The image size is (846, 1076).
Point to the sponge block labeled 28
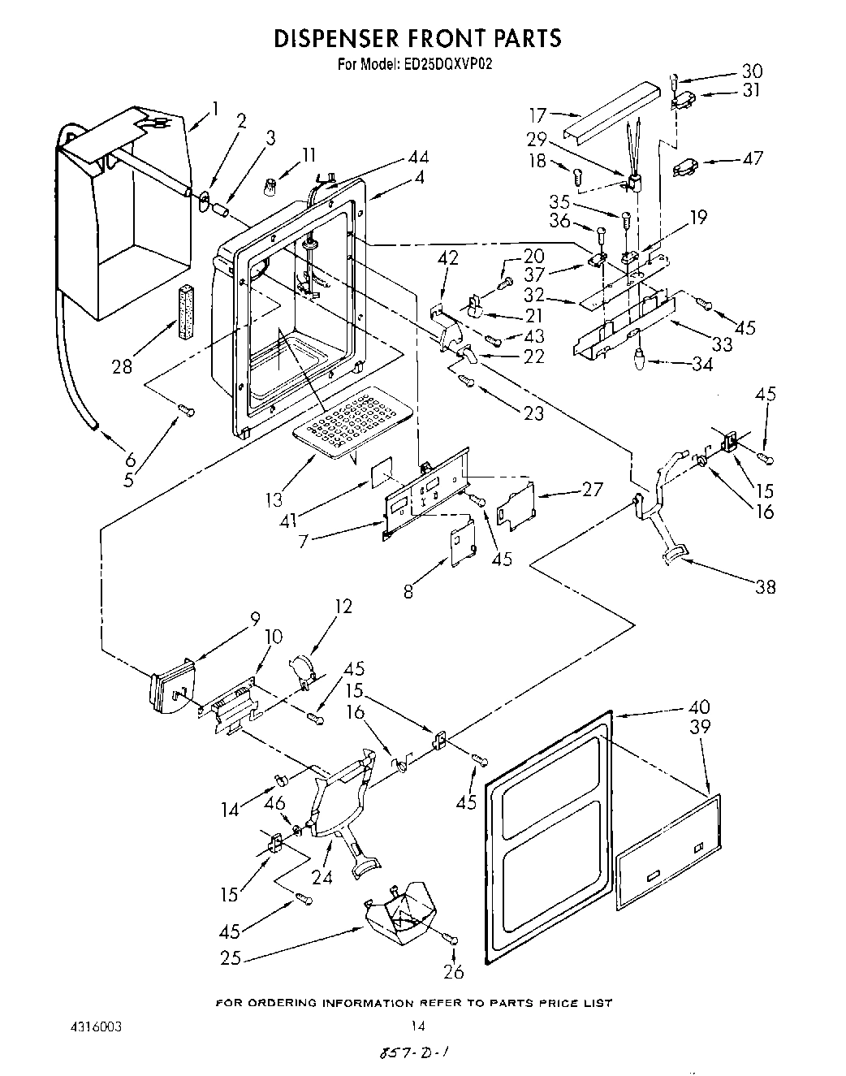183,305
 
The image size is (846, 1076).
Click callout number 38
765,586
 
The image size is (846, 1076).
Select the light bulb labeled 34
640,356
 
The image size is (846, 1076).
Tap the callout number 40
699,707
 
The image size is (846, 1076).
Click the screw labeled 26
451,939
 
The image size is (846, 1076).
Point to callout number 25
231,958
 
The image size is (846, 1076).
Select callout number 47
753,158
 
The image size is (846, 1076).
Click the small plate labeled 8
462,545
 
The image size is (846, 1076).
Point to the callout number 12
343,607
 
